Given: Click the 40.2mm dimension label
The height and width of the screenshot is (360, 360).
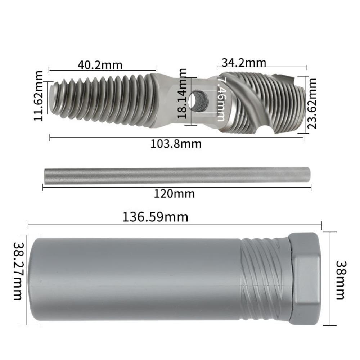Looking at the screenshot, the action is (100, 65).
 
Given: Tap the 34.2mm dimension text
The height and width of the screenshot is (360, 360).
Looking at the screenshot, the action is (244, 62).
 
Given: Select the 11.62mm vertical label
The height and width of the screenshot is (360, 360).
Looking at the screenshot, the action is (39, 96).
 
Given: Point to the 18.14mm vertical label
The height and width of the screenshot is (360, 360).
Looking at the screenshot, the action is (182, 94).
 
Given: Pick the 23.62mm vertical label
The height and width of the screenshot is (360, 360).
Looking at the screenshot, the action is (312, 103).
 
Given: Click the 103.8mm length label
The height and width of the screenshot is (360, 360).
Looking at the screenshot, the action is (176, 144).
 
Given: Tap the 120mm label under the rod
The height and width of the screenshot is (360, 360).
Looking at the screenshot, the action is (174, 194).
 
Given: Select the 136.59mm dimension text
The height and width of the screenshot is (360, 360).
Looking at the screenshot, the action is (155, 217).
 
